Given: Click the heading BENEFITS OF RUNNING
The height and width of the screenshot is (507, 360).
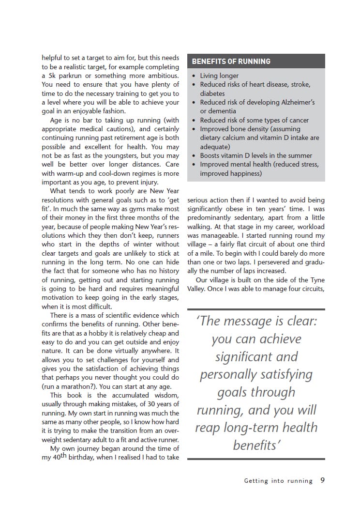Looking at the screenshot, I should pyautogui.click(x=231, y=61).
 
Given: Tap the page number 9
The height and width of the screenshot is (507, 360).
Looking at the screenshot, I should pyautogui.click(x=323, y=481).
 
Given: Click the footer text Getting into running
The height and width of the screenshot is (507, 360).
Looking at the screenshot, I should pyautogui.click(x=278, y=481).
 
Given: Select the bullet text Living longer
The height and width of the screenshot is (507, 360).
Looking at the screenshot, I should pyautogui.click(x=219, y=76).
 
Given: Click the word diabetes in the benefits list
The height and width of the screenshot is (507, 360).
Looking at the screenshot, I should pyautogui.click(x=212, y=93).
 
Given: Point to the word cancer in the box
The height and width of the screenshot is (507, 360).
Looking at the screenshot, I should pyautogui.click(x=298, y=120).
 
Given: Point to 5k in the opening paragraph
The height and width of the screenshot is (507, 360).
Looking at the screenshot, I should pyautogui.click(x=49, y=76).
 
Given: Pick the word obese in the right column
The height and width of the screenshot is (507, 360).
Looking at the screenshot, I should pyautogui.click(x=240, y=209).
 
